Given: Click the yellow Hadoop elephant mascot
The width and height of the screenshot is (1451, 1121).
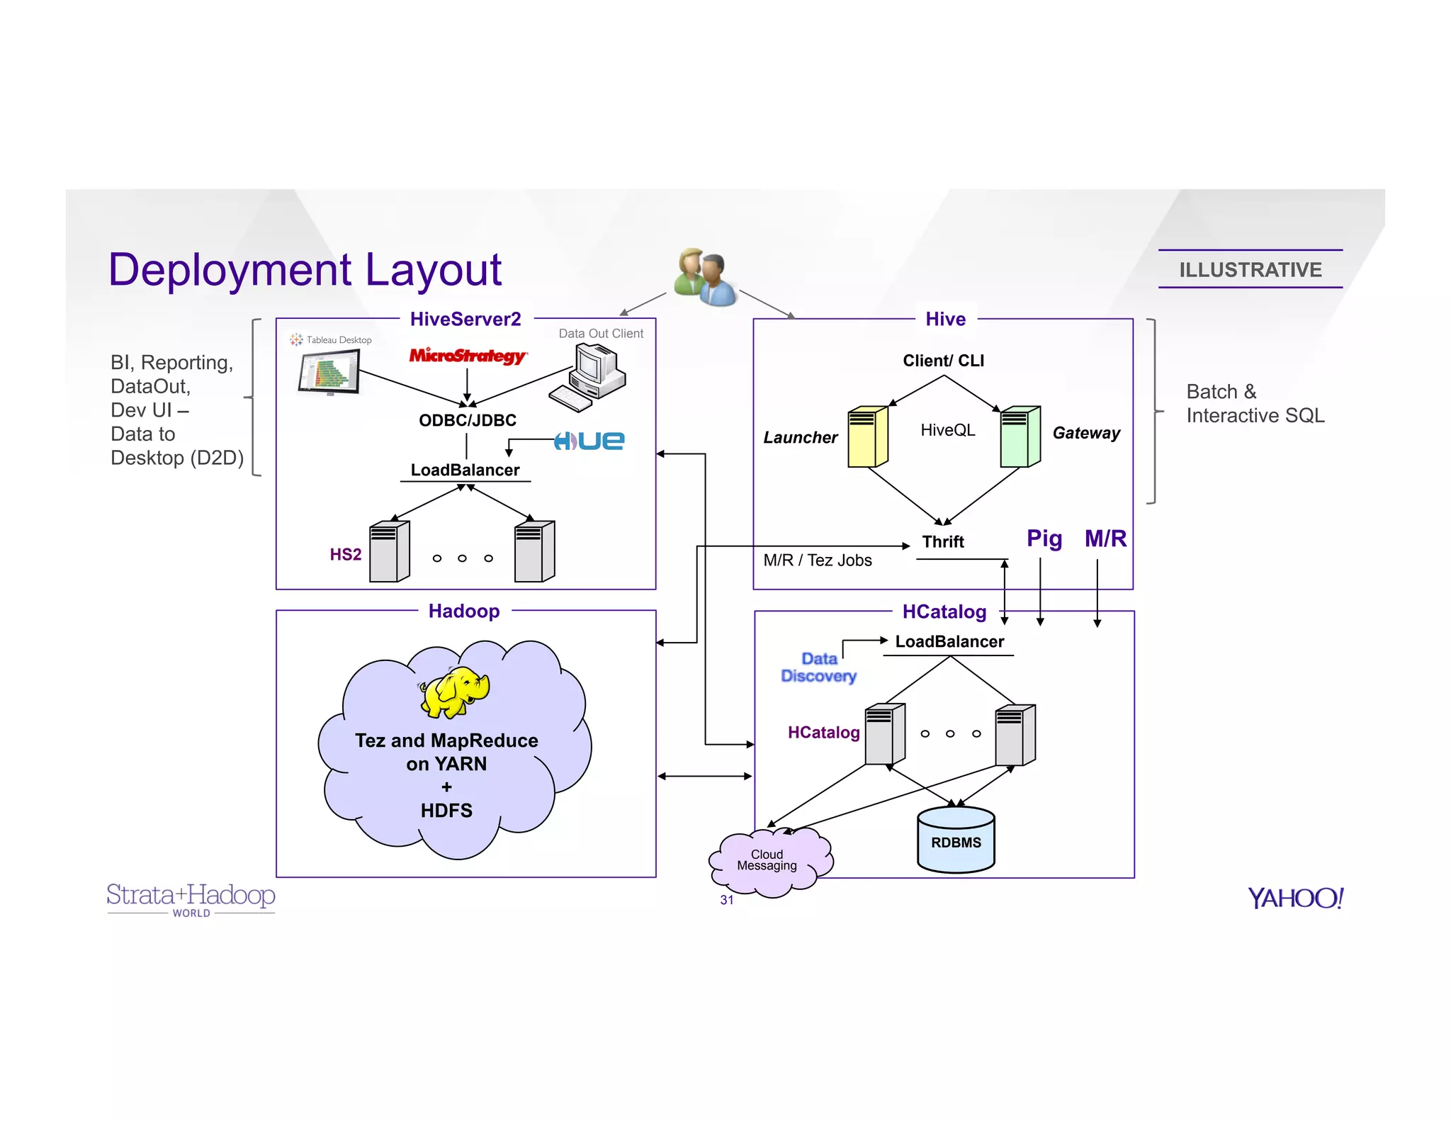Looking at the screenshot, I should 455,692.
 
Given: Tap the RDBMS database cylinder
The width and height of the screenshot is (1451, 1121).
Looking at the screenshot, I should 956,840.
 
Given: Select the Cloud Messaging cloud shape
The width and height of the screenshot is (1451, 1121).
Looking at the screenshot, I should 769,862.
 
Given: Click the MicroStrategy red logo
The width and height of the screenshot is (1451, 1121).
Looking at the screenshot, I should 467,355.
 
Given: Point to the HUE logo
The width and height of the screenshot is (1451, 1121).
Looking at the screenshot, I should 589,441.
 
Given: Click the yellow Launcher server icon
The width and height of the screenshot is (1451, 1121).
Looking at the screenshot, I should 868,437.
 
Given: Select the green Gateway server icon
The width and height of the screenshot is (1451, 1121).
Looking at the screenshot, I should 1020,437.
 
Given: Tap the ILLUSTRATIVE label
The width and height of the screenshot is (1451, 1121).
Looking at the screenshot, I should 1250,270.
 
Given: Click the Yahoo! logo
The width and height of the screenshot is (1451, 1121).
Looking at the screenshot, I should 1295,898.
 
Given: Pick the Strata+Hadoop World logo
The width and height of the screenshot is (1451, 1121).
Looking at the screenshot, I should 191,899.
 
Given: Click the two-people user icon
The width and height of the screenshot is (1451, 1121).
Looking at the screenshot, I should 705,277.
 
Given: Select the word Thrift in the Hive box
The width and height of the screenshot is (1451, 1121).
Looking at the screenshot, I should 942,542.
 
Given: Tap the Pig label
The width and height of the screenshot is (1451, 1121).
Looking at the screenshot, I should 1044,539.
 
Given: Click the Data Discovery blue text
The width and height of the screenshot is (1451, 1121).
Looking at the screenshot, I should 818,667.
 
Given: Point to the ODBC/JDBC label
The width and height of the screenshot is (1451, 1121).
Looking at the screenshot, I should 468,420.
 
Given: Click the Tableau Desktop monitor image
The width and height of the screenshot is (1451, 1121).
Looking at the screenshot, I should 329,372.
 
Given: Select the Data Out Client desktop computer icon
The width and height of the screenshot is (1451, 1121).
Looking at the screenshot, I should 587,377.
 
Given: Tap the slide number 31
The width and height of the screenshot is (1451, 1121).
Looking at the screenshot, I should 726,900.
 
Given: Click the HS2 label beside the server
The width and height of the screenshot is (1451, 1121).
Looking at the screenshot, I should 346,554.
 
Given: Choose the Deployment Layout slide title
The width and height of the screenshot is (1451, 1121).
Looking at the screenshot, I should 305,270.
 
